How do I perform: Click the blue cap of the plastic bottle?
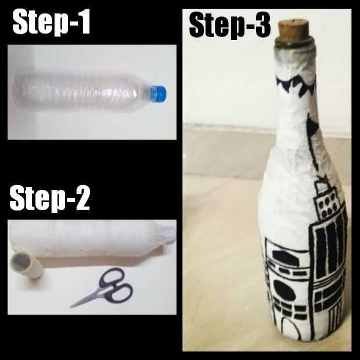158,93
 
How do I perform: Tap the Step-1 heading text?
51,22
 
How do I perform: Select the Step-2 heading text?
49,199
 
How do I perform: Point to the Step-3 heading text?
229,25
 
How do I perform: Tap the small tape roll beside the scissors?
26,265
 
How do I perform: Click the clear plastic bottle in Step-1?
89,92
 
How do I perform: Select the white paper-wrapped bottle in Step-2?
92,239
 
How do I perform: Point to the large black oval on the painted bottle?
285,290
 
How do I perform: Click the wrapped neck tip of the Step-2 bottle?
169,234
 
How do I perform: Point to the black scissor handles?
116,285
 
